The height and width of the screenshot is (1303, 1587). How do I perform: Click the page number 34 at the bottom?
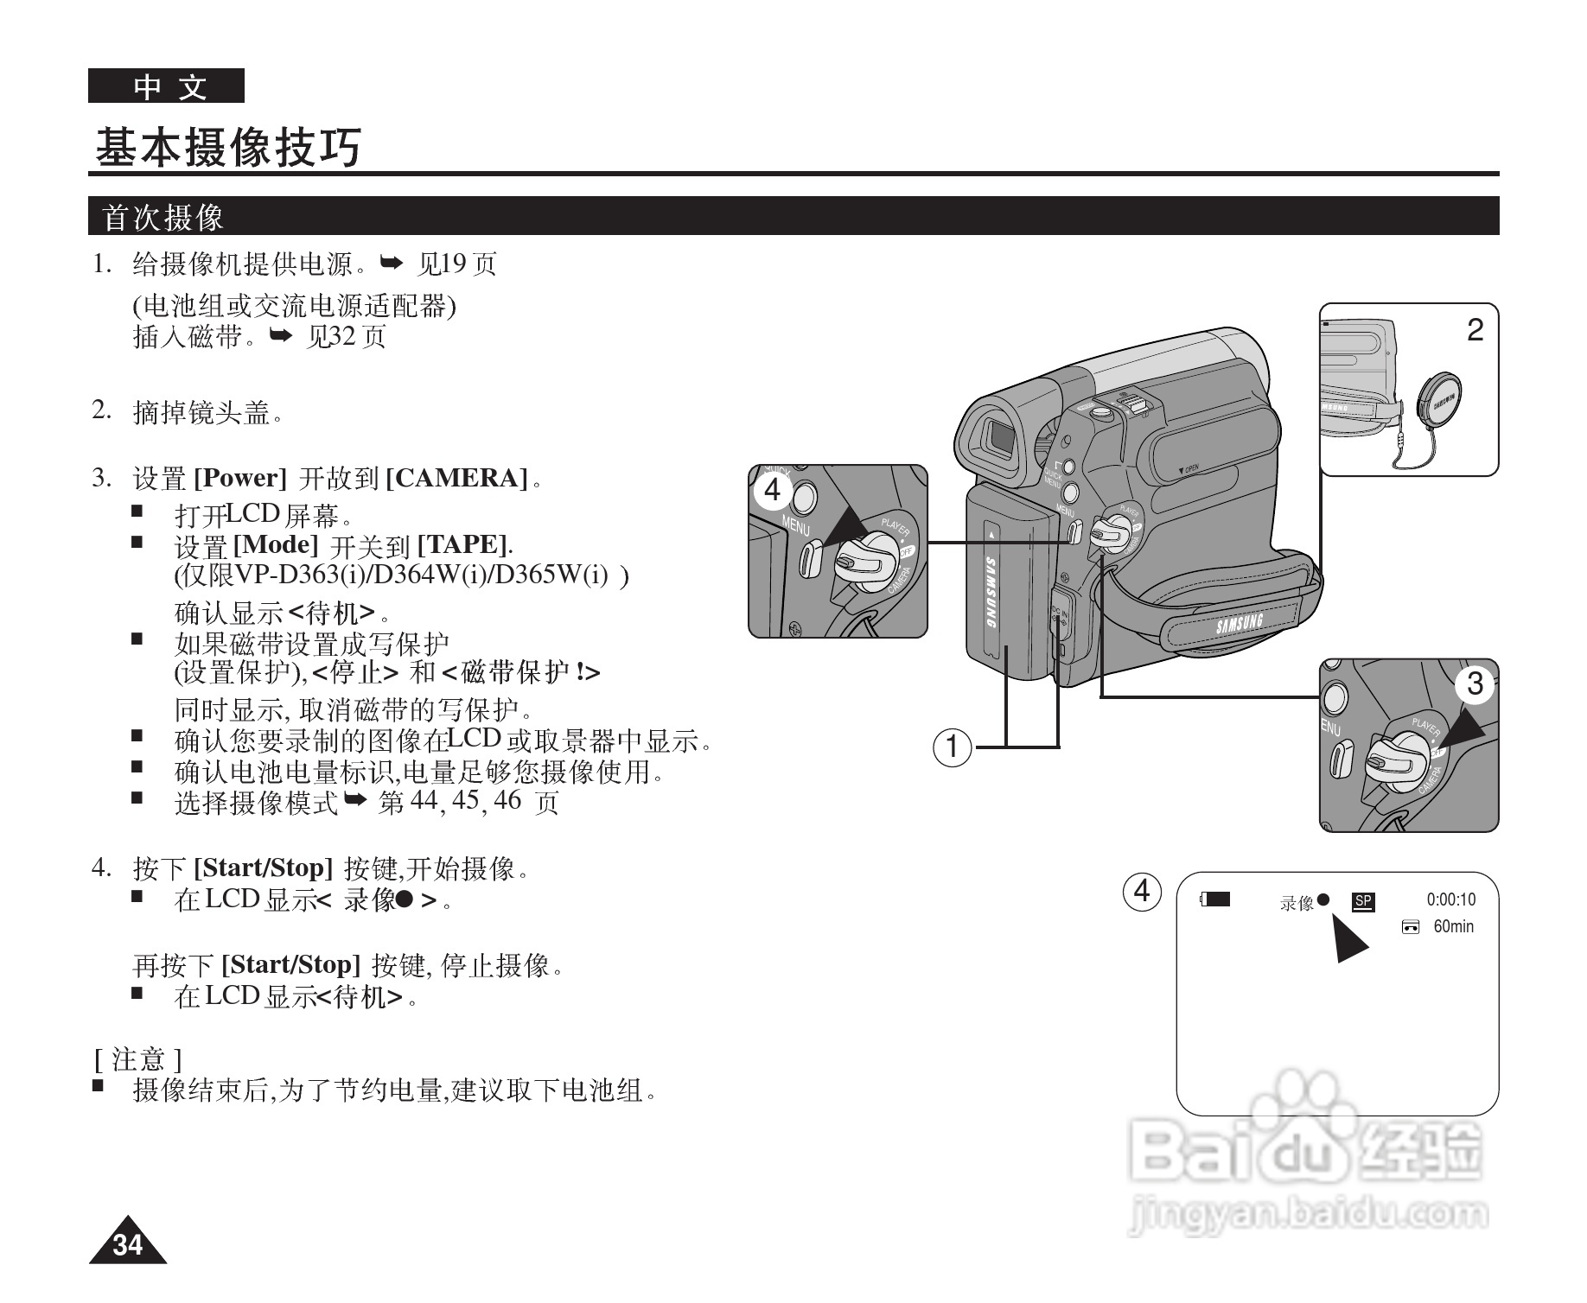coord(127,1245)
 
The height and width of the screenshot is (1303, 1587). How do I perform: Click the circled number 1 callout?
coord(953,746)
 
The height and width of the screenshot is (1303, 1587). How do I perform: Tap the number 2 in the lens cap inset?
coord(1475,330)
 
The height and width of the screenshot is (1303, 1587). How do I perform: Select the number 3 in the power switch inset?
coord(1475,684)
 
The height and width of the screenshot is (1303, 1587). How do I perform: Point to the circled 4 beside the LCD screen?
coord(1142,890)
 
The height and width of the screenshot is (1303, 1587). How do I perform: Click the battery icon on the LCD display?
coord(1215,899)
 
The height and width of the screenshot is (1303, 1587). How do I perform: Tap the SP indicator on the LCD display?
coord(1363,901)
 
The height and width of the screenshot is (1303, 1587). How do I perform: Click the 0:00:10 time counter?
coord(1451,899)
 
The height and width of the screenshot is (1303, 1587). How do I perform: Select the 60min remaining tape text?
coord(1453,927)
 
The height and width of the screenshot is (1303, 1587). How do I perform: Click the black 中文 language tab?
coord(166,86)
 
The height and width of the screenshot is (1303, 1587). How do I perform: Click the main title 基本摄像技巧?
coord(228,148)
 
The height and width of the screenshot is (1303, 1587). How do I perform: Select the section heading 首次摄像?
coord(163,217)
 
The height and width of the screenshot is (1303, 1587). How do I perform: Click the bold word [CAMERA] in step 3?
coord(456,478)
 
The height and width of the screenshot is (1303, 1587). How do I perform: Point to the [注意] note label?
coord(137,1058)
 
